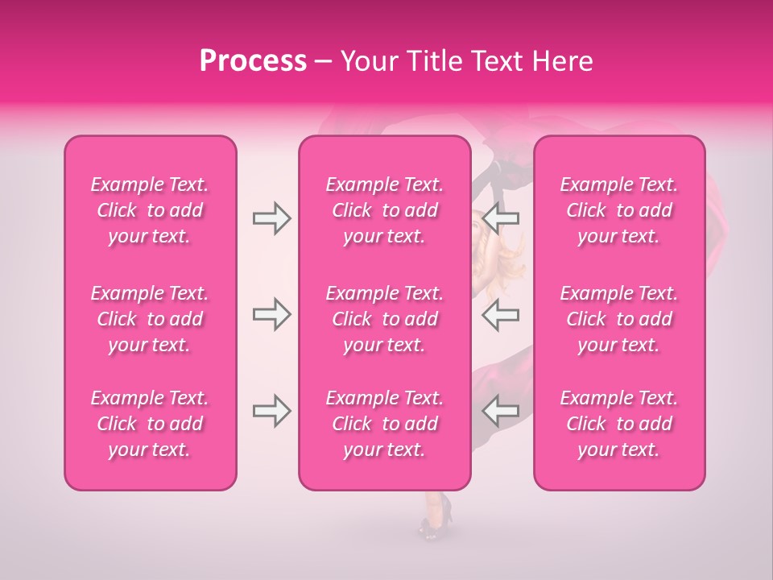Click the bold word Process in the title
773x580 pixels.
point(253,61)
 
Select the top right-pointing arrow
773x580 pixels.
point(271,218)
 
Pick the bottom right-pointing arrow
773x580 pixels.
point(271,411)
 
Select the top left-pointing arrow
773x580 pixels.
point(500,218)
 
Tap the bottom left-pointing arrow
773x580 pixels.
point(500,411)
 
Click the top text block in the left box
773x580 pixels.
point(150,210)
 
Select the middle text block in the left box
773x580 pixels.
point(150,319)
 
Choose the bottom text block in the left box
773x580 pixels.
point(150,424)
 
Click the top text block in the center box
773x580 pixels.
point(384,210)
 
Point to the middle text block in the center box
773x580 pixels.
point(384,319)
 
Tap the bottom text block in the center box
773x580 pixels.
point(384,424)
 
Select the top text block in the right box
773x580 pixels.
point(618,210)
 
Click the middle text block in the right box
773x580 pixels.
point(618,319)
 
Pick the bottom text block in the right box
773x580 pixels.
point(618,424)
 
